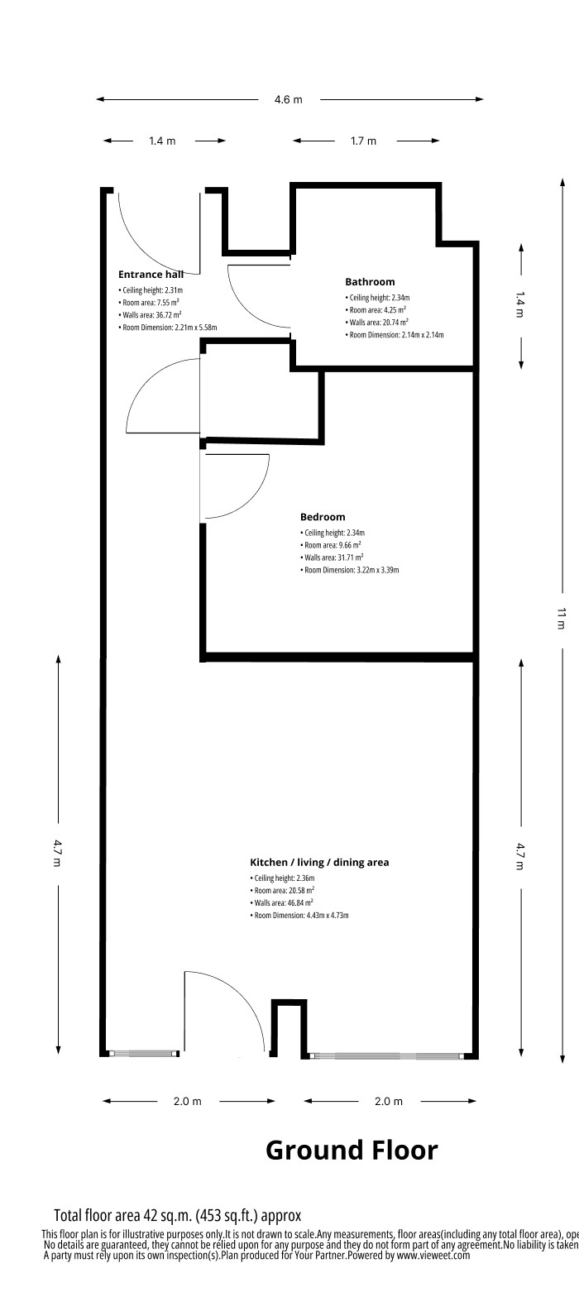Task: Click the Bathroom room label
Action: (370, 282)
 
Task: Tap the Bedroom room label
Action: (323, 517)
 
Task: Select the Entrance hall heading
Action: (157, 274)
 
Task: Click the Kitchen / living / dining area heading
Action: (319, 862)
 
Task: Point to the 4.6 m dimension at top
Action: (289, 100)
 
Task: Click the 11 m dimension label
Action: (561, 618)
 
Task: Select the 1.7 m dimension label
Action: (363, 141)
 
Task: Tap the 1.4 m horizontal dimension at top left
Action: (162, 141)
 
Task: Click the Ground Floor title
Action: (352, 1150)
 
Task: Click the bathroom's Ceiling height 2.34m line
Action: (379, 298)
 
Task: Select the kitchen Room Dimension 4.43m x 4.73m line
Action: (306, 916)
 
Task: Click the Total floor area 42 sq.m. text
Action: (177, 1215)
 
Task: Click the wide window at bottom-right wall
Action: (386, 1056)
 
